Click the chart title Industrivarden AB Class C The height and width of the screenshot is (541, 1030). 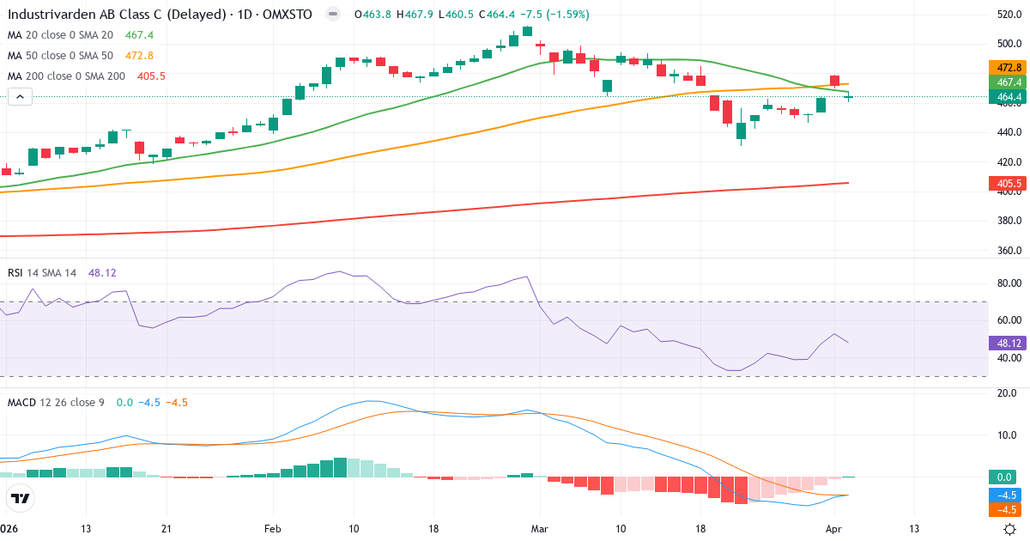pos(102,15)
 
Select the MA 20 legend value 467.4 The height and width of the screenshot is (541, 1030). pos(140,35)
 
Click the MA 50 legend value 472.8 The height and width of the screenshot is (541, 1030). pos(140,56)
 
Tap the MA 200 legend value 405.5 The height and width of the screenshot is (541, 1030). pos(151,76)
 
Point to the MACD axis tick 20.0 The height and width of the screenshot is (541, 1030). pos(1005,393)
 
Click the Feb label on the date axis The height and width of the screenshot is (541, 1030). pos(273,529)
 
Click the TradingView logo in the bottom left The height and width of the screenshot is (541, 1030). pos(21,498)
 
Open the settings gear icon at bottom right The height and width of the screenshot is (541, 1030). pos(1011,529)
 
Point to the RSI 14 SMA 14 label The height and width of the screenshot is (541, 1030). pos(42,272)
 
